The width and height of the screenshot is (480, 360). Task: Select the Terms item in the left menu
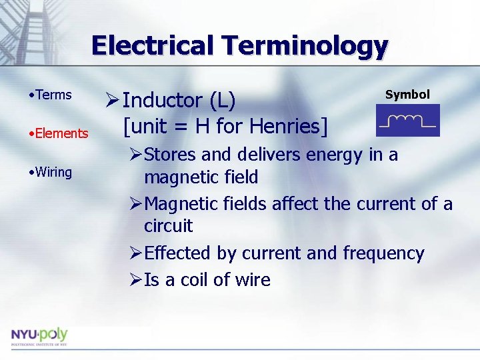[x=53, y=95]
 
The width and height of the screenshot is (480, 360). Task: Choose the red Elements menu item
[x=61, y=133]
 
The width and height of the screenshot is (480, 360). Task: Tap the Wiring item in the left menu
[x=53, y=172]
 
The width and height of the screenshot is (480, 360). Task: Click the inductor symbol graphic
[x=407, y=121]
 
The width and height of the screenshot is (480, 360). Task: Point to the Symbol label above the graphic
[x=407, y=95]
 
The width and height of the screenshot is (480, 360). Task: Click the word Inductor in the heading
[x=163, y=101]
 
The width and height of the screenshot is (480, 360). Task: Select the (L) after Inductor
[x=222, y=101]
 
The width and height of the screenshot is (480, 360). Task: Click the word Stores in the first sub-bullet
[x=170, y=155]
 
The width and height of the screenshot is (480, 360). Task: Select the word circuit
[x=168, y=226]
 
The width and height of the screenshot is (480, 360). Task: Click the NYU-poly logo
[x=39, y=337]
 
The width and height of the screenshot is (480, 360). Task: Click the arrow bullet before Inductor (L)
[x=112, y=101]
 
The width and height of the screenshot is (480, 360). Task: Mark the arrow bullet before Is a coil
[x=135, y=280]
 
